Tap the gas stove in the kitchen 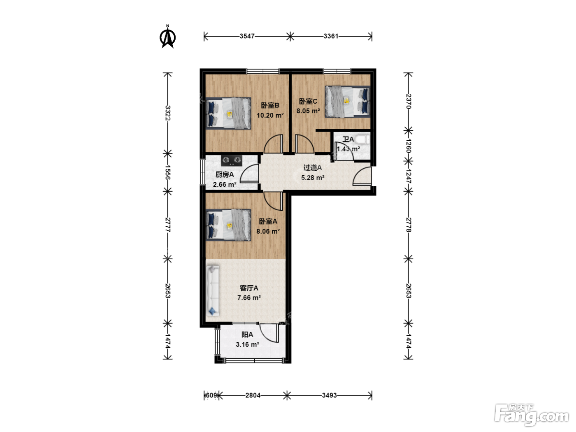click(232, 160)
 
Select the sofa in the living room click(213, 290)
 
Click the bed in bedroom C click(347, 102)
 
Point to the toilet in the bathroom click(363, 139)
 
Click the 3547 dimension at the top click(247, 36)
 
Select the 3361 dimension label click(331, 36)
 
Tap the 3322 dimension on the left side click(168, 113)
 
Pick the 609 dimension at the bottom click(211, 395)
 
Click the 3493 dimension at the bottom click(329, 395)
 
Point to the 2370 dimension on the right click(408, 101)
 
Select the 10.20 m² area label click(270, 116)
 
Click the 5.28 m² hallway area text click(313, 178)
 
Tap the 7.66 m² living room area click(249, 298)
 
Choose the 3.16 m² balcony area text click(247, 344)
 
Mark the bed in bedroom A click(228, 225)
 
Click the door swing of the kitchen click(250, 173)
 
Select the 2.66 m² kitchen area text click(225, 185)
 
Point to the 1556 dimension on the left click(168, 172)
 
